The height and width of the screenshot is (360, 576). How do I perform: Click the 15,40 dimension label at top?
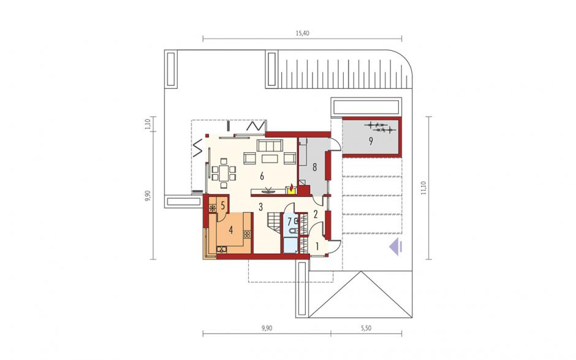coord(303,33)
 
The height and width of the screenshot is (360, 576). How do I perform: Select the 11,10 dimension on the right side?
coord(424,188)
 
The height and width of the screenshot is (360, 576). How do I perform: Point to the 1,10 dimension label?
coord(148,124)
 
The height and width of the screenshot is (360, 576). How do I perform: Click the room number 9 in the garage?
coord(371,141)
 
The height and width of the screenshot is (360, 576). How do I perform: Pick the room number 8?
coord(314,167)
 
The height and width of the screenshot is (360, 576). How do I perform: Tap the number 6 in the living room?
coord(262,177)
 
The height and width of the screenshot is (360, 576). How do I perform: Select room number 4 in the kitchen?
coord(230,230)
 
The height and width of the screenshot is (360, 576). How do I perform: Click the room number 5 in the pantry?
coord(222,205)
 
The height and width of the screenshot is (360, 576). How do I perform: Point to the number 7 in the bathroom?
coord(289,221)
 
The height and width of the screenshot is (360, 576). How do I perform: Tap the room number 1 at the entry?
coord(317,245)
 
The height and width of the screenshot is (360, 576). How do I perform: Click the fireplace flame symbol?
coord(292,189)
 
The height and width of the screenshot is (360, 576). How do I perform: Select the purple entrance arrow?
coord(396,247)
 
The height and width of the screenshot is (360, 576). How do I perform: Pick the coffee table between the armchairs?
coord(270,159)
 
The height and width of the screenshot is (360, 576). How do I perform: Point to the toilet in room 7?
coord(294,231)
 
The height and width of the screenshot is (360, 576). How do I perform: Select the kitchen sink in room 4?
coord(221,250)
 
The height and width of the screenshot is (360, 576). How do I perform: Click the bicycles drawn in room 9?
coord(380,128)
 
